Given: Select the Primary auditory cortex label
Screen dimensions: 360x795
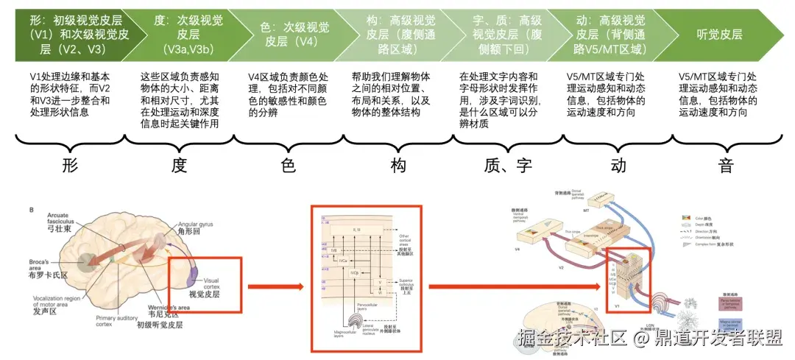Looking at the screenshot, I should pyautogui.click(x=113, y=321).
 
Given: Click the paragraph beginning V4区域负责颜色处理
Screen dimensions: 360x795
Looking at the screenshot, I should pyautogui.click(x=288, y=94).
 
